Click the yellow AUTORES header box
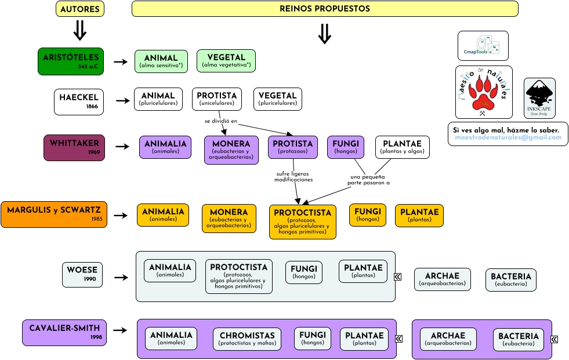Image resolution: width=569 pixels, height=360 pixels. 80,9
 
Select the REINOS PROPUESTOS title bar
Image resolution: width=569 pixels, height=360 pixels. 325,9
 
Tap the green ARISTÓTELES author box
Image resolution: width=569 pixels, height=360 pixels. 71,61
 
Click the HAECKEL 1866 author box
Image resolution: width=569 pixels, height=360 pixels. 79,101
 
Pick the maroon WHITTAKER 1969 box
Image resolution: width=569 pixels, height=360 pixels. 74,147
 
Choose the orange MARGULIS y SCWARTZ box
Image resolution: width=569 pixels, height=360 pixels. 54,214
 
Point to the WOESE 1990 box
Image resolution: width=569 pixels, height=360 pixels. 82,274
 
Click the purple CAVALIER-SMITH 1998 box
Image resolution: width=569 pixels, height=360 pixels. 64,332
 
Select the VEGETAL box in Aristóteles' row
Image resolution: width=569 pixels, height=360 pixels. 226,61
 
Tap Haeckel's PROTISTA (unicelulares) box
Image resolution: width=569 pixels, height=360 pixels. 217,99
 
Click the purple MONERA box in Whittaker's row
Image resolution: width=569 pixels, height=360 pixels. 231,150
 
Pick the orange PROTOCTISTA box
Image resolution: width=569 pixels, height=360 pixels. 302,221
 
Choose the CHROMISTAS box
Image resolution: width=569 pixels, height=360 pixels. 247,339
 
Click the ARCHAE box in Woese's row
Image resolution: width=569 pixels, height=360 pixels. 442,279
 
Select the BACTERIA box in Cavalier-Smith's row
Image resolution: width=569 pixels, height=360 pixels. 519,339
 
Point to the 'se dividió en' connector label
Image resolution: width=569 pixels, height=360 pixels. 221,121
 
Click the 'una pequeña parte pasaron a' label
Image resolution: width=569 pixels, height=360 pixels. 368,180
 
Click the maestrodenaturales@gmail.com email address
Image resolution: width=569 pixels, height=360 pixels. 508,137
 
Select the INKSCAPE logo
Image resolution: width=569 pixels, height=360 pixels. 539,98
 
